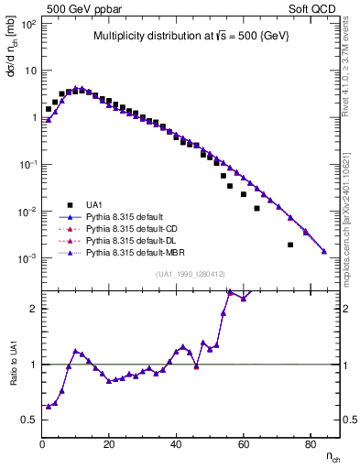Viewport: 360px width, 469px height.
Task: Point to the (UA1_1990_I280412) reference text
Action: click(x=191, y=275)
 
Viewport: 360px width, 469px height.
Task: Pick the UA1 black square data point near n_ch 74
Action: click(x=290, y=245)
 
